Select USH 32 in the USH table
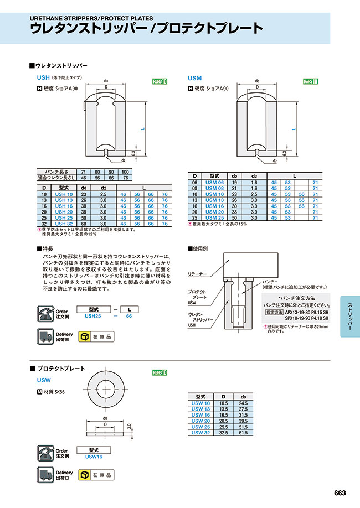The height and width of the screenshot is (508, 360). click(x=63, y=223)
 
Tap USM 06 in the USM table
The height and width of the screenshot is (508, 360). click(x=215, y=182)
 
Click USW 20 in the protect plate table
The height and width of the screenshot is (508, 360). click(x=200, y=421)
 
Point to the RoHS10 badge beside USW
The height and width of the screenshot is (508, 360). click(x=160, y=372)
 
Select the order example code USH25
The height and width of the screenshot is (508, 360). click(x=92, y=317)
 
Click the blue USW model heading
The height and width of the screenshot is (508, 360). click(x=44, y=380)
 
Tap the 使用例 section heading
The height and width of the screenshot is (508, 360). click(x=199, y=248)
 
